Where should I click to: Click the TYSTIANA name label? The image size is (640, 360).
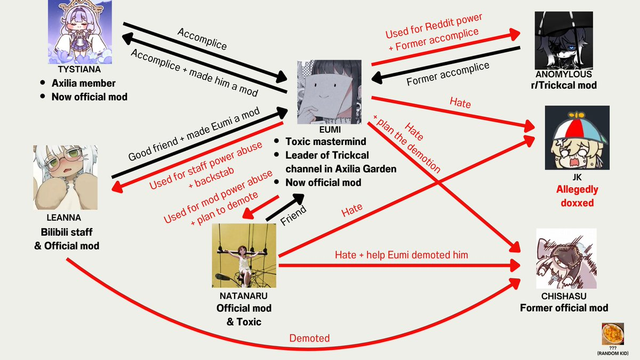(x=79, y=69)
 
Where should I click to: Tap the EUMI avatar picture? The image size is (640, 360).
(x=329, y=92)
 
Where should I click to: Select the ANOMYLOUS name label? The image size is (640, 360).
(x=564, y=74)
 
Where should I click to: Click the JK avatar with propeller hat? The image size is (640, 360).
(x=577, y=138)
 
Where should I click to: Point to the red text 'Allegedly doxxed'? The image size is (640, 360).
(x=577, y=196)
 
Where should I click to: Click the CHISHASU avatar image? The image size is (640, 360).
(x=566, y=259)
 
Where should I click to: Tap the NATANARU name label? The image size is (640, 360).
(x=243, y=295)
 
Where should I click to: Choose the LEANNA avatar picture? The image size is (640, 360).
(x=66, y=178)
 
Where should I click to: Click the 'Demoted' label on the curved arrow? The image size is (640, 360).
(x=309, y=338)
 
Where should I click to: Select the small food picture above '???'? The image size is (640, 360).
(x=613, y=334)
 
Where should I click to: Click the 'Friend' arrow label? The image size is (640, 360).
(x=293, y=215)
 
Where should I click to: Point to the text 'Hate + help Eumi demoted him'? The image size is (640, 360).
(x=402, y=255)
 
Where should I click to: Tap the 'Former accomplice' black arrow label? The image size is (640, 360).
(x=447, y=74)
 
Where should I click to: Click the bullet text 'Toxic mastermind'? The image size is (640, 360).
(x=326, y=141)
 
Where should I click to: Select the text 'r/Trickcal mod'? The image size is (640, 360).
(x=564, y=85)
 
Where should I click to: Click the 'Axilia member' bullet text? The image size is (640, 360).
(x=83, y=83)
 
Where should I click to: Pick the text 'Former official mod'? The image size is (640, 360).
(x=564, y=308)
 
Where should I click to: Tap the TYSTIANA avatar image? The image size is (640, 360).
(x=80, y=31)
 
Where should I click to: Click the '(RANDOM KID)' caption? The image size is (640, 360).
(x=613, y=354)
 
